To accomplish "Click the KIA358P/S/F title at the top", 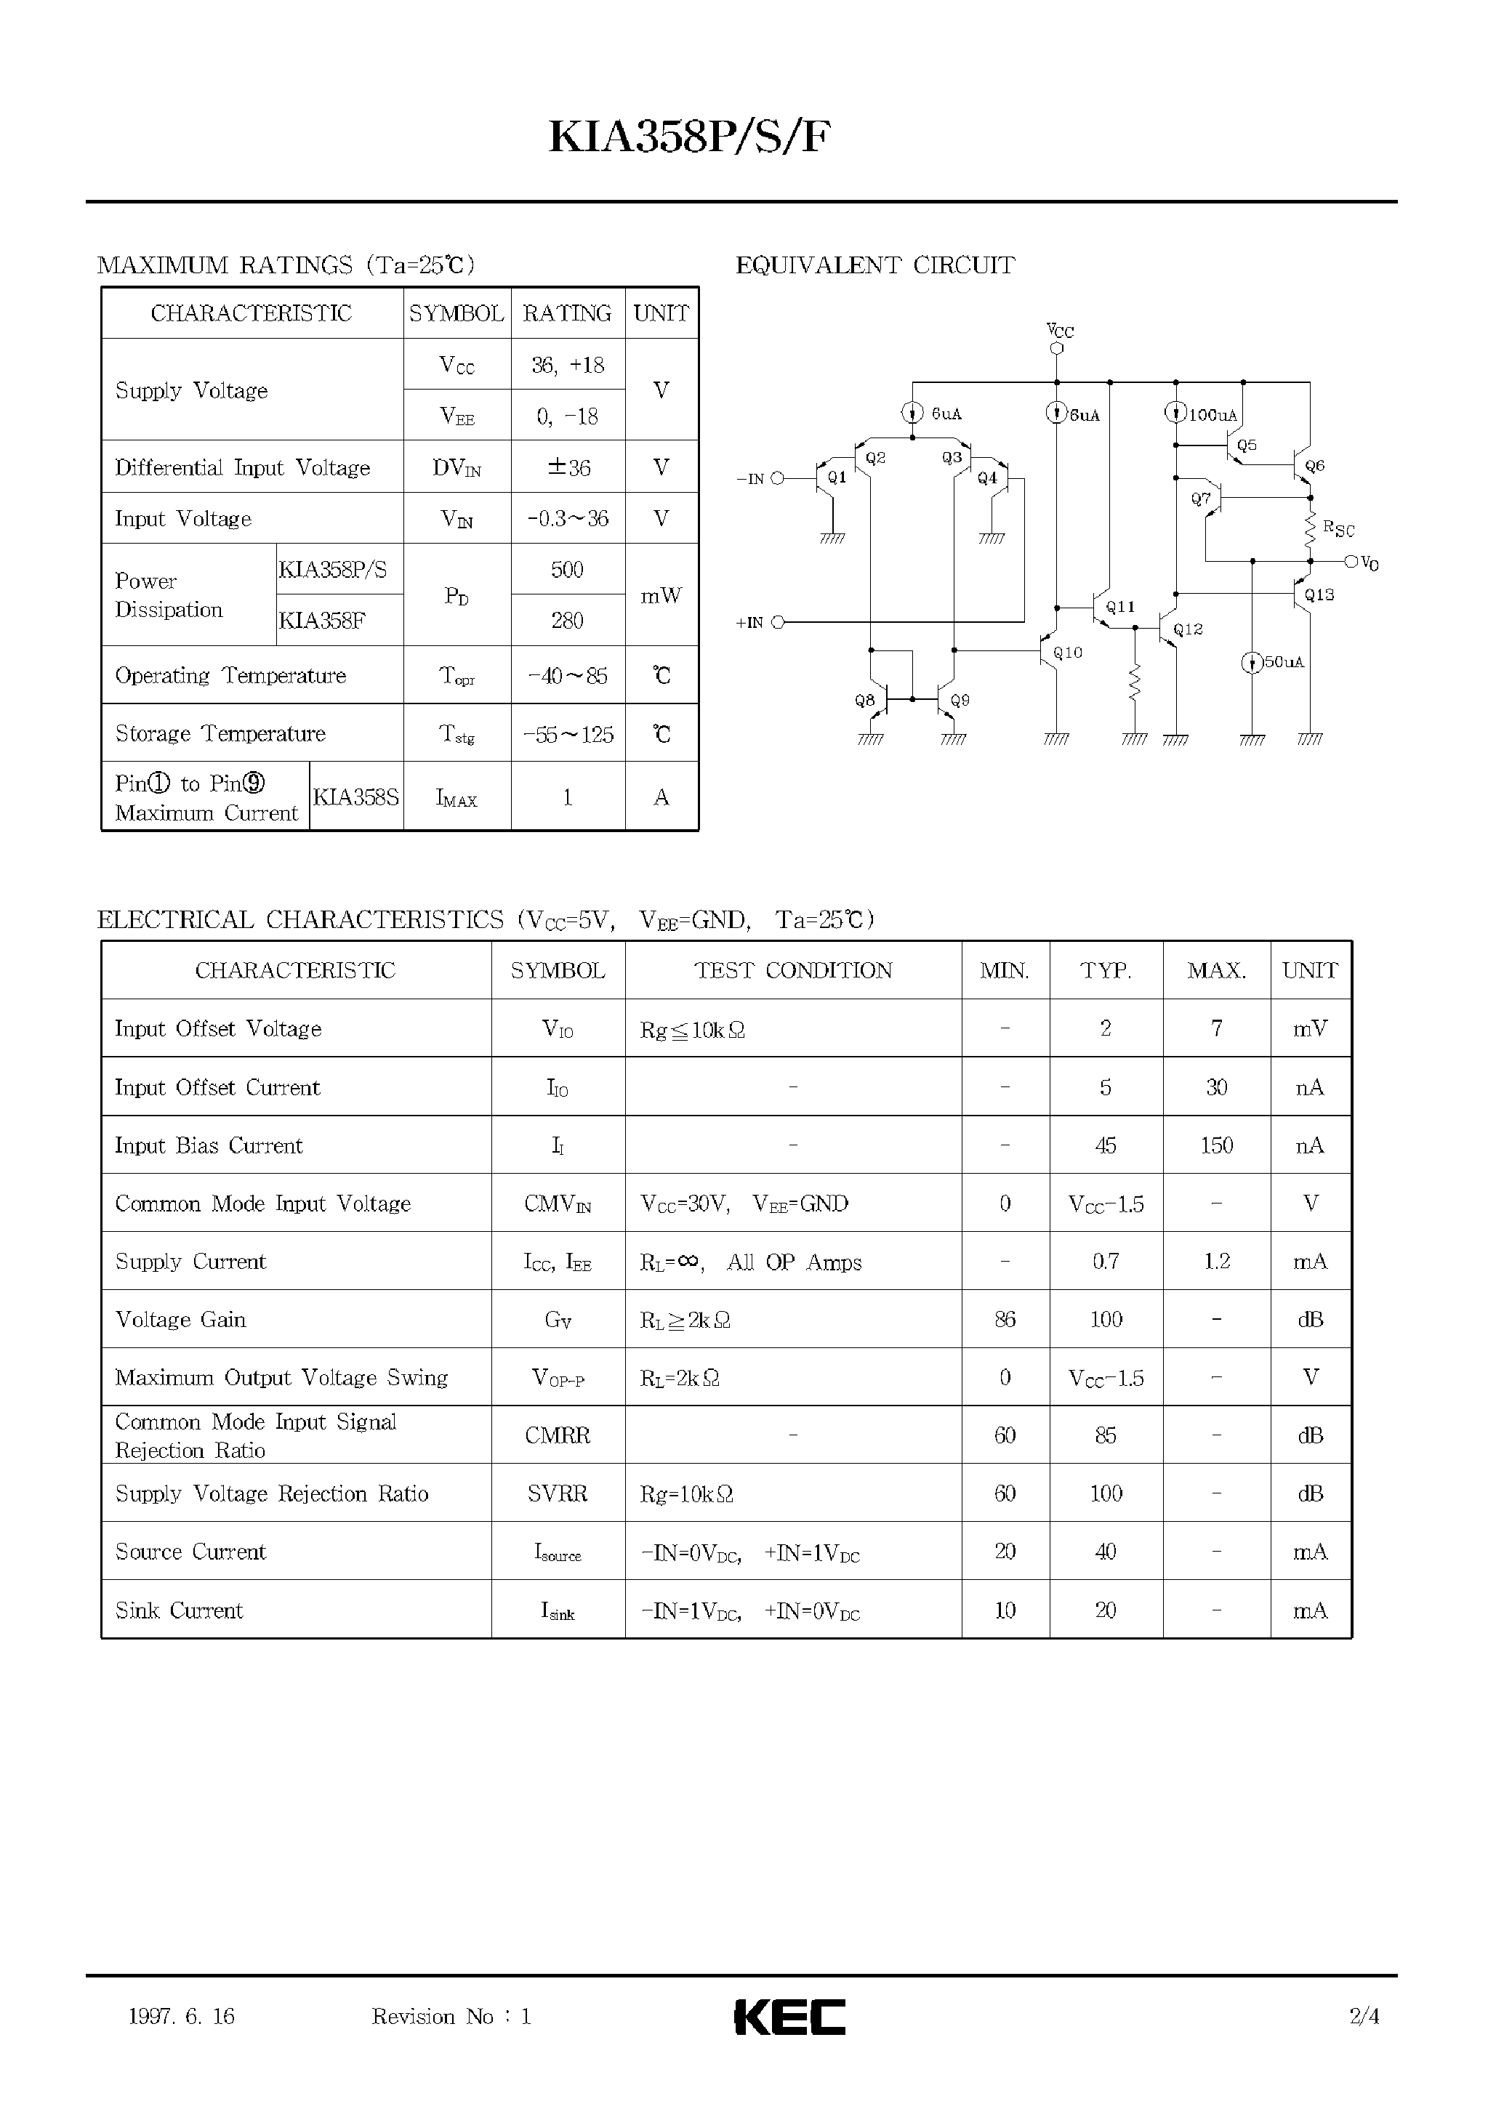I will (x=690, y=138).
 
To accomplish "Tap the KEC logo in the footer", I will (x=789, y=2017).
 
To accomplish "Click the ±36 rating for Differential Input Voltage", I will (x=568, y=467).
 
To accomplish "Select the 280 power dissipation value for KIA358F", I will (x=567, y=621).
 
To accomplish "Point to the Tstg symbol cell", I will (x=457, y=734).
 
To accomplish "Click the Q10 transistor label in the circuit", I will (x=1068, y=653).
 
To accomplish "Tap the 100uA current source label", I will (x=1213, y=416).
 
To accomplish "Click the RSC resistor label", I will (x=1338, y=528).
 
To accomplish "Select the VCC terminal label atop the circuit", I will (x=1059, y=331).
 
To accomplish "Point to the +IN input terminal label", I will (x=749, y=623).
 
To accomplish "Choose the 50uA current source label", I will (x=1284, y=662).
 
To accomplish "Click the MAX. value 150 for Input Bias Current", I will (x=1216, y=1145).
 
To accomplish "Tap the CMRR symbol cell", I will (x=557, y=1435).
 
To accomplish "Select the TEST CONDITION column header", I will (x=793, y=970).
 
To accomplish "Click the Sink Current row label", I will (x=179, y=1610).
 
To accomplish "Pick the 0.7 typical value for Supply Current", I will (x=1105, y=1261).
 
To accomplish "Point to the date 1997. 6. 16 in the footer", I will (x=182, y=2017).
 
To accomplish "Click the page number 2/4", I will (x=1364, y=2017).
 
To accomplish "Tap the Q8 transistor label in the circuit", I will (x=864, y=701).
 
